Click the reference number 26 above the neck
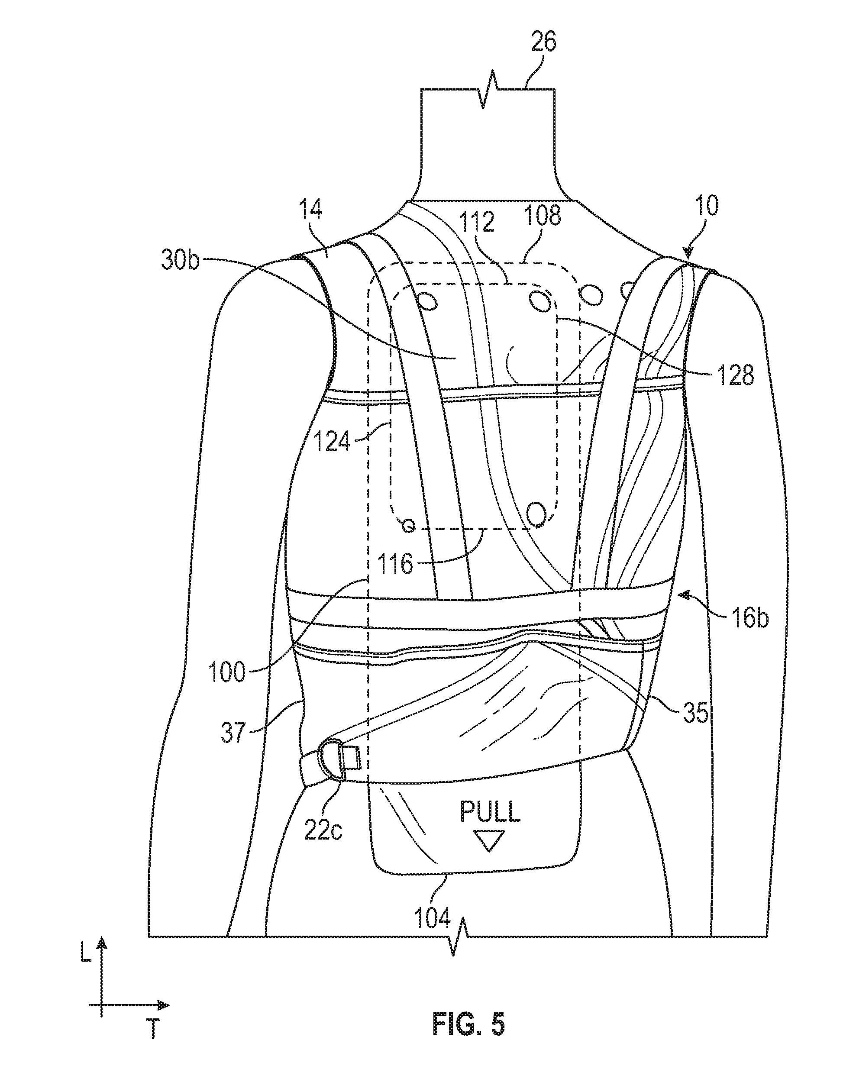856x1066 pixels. point(543,42)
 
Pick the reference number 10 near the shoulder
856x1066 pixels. point(706,206)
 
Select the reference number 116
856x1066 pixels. point(396,563)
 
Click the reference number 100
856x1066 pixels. point(227,672)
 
